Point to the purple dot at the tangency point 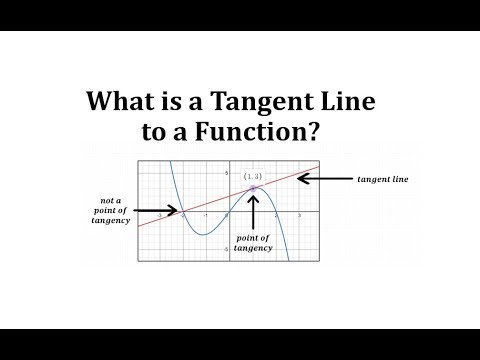253,189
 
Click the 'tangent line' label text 383,179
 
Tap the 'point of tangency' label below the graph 253,244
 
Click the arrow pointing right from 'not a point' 160,211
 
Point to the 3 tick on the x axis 299,216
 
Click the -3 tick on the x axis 160,216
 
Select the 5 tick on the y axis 226,172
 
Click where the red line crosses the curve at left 183,211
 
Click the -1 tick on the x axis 206,216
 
